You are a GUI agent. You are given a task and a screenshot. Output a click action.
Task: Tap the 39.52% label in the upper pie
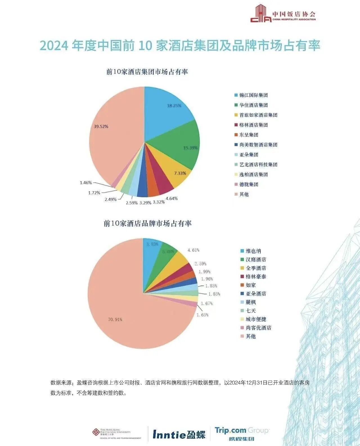coord(101,127)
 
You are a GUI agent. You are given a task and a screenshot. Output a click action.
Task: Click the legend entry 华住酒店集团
coord(253,105)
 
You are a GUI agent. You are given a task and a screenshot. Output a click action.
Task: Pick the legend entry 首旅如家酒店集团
coord(258,115)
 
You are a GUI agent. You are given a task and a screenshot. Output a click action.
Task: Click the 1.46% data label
coord(86,183)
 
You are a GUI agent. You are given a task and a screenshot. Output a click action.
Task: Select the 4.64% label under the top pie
coord(172,198)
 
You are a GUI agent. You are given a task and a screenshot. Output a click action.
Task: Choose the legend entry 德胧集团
coord(249,185)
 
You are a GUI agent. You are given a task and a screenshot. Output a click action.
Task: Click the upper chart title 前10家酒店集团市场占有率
coord(147,72)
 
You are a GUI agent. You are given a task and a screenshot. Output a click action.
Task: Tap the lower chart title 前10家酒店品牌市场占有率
coord(148,224)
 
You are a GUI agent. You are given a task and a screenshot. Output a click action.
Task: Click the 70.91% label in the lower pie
coord(115,320)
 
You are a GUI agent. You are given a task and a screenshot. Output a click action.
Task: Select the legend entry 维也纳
coord(253,251)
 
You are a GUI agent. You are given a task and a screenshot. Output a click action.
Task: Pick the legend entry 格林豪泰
coord(256,277)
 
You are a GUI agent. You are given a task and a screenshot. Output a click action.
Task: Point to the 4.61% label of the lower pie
coord(193,250)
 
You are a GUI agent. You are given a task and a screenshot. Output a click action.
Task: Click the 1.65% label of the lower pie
coord(202,315)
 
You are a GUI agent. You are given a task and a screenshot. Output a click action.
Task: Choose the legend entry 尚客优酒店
coord(258,328)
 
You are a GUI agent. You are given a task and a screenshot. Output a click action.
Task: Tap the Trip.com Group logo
coord(242,434)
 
